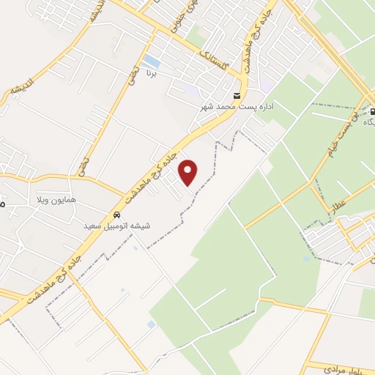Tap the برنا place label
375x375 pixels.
click(x=152, y=74)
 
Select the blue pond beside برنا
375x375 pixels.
click(x=151, y=60)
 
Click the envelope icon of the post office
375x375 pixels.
click(x=236, y=96)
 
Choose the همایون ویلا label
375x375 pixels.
click(x=57, y=199)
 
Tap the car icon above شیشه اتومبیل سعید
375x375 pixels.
click(x=116, y=215)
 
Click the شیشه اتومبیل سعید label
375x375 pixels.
click(x=117, y=226)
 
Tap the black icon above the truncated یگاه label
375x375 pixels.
click(x=372, y=112)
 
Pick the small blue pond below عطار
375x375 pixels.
click(x=306, y=258)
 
